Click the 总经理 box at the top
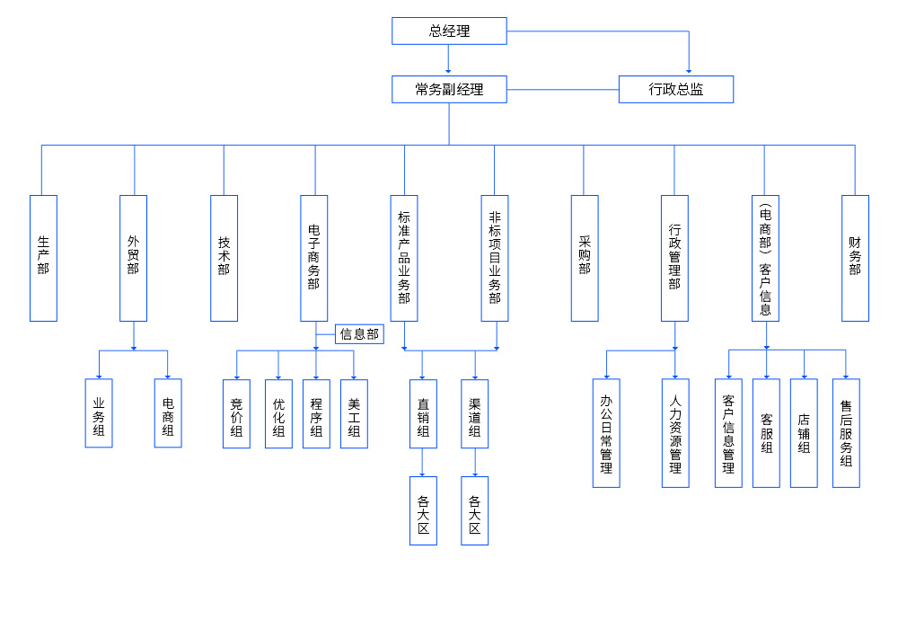pos(449,31)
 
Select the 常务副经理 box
pos(449,89)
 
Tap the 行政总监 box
pos(676,89)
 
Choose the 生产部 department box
pos(43,258)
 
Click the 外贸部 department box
pos(133,258)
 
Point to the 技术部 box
pos(224,258)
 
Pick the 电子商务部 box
pos(313,258)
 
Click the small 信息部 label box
pos(359,334)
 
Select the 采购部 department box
pos(585,258)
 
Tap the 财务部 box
pos(855,258)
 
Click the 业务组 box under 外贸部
pos(99,413)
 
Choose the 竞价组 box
pos(236,413)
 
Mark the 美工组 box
pos(354,413)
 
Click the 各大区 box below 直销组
pos(423,510)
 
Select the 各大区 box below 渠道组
pos(475,510)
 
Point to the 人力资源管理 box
pos(675,433)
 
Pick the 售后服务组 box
pos(846,433)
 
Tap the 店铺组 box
pos(804,433)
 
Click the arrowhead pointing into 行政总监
pos(689,72)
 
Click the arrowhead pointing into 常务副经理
pos(448,72)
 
